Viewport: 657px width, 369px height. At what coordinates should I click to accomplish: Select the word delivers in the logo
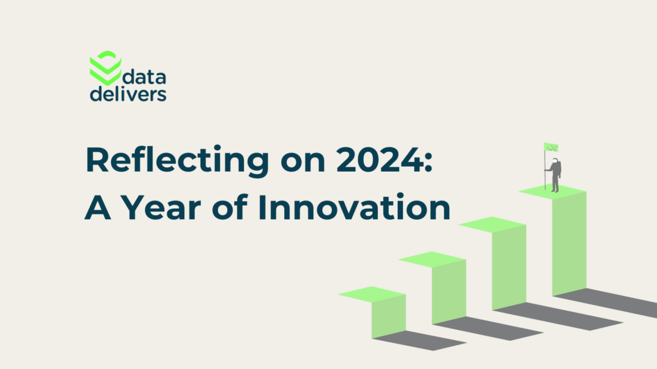point(128,95)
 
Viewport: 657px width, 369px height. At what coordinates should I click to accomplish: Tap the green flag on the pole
point(550,147)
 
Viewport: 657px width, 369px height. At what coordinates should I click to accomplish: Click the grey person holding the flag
point(554,175)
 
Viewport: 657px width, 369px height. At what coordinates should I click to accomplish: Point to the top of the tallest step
point(552,191)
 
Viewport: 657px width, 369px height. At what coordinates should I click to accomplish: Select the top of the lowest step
point(371,294)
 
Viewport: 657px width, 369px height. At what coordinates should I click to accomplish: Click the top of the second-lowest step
point(432,259)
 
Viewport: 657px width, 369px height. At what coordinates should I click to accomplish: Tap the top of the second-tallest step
point(492,224)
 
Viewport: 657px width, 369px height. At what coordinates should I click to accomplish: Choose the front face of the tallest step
point(569,243)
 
